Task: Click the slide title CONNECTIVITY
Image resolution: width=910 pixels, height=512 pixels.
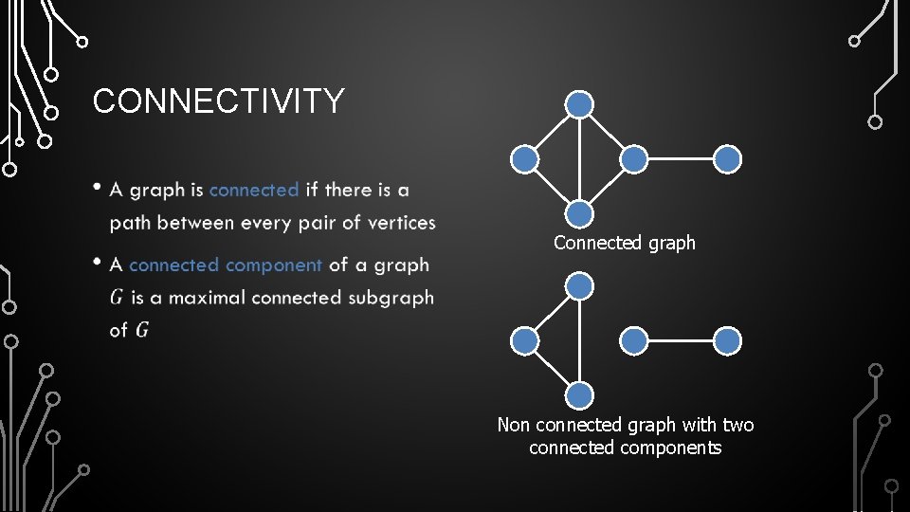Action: (218, 101)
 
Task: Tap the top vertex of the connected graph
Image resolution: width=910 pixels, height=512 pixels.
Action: (579, 104)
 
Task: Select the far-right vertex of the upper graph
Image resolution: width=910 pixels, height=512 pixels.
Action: (727, 159)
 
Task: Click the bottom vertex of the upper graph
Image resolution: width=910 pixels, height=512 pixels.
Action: (579, 214)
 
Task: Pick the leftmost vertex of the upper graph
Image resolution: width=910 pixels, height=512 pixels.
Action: (524, 159)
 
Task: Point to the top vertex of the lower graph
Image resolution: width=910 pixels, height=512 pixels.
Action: (579, 285)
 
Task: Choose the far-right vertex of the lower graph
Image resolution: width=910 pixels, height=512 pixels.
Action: (727, 340)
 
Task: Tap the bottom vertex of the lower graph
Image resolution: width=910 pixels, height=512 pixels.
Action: (579, 395)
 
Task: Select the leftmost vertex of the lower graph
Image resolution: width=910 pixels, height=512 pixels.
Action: (524, 340)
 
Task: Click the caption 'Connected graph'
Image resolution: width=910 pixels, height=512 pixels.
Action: (625, 243)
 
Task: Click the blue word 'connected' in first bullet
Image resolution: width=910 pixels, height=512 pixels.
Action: (254, 190)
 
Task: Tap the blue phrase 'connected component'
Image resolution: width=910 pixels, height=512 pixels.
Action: (226, 265)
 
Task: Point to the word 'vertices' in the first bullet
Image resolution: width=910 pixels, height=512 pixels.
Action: (398, 223)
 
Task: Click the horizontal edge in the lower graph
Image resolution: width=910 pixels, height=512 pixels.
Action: (681, 340)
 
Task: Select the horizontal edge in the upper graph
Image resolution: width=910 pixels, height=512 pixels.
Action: (681, 159)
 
